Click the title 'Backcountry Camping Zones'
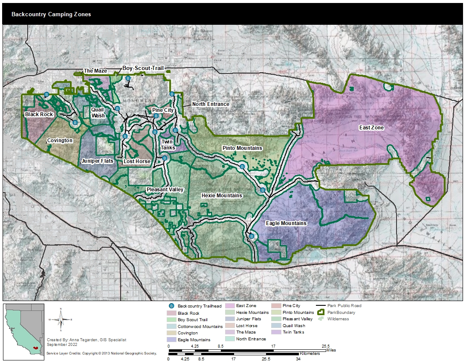(51, 14)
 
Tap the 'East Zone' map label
(371, 128)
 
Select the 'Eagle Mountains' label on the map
(286, 223)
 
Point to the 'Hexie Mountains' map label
(222, 196)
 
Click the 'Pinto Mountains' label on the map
(242, 148)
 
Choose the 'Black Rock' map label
(39, 114)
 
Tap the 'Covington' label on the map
(60, 141)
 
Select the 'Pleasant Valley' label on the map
(165, 190)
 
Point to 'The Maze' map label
(95, 71)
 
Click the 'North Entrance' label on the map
(211, 104)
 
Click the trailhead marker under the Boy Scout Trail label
(128, 78)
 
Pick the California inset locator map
(23, 327)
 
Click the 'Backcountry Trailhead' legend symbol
(171, 306)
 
